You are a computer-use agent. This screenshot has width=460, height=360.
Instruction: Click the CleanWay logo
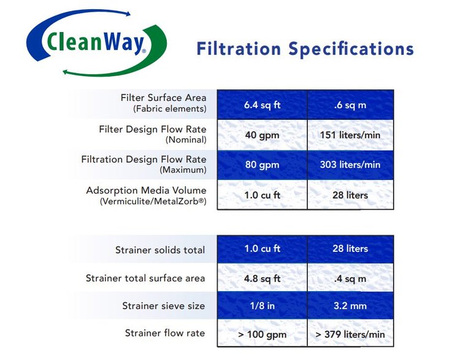point(96,43)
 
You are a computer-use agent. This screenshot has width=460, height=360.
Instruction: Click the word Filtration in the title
point(239,49)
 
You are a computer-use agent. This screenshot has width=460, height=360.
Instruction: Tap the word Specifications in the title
point(351,49)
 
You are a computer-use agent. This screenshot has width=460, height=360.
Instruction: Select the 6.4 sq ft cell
point(263,104)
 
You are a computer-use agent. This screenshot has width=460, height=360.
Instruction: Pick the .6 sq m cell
point(350,104)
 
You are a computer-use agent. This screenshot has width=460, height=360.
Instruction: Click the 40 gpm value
point(263,135)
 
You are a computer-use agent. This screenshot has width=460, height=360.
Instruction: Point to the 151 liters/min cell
point(350,135)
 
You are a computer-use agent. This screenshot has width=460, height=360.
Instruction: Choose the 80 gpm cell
point(263,165)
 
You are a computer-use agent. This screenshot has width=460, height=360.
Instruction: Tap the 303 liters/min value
point(350,165)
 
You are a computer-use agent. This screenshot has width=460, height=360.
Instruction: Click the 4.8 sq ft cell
point(263,278)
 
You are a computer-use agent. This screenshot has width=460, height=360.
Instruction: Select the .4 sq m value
point(350,278)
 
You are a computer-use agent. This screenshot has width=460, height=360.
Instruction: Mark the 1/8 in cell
point(263,306)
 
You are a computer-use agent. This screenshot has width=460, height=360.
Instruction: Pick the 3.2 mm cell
point(350,306)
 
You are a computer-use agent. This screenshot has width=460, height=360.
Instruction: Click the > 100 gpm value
point(263,334)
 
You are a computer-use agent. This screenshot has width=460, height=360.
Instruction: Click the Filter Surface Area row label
point(163,98)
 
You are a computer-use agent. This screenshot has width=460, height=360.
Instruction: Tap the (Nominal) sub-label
point(186,139)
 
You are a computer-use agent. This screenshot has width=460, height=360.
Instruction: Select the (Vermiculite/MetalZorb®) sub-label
point(153,202)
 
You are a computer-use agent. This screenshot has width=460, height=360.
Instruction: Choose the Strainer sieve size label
point(163,306)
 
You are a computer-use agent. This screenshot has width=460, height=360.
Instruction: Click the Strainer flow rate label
point(165,333)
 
